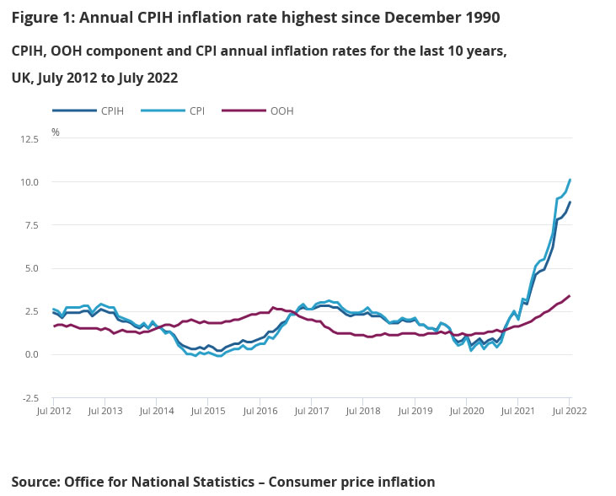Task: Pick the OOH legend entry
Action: (281, 111)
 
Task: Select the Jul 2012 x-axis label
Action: (53, 411)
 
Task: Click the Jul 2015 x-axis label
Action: (208, 411)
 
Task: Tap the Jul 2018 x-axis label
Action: (363, 411)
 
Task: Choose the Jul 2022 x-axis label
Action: (570, 411)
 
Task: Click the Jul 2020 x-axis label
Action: (466, 411)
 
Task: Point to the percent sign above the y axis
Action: (56, 132)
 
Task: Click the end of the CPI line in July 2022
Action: (570, 179)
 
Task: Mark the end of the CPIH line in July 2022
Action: (570, 202)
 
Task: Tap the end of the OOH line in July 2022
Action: (570, 295)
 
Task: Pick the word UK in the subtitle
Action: (22, 78)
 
